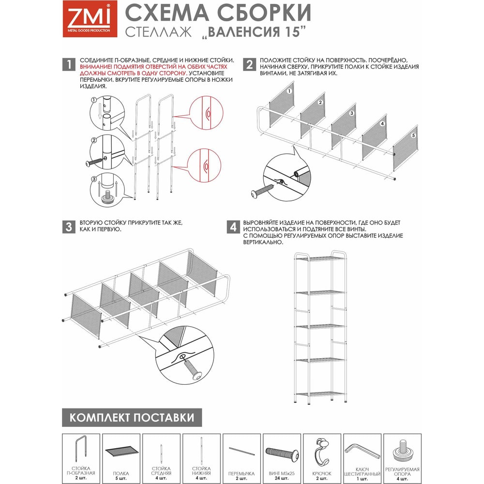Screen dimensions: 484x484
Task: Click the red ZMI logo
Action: (90, 19)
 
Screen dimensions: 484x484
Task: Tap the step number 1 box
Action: (69, 64)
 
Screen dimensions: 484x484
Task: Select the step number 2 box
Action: (249, 64)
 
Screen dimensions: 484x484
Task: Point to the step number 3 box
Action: (69, 227)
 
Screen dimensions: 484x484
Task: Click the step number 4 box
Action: (233, 227)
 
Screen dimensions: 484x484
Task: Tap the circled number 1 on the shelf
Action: (289, 91)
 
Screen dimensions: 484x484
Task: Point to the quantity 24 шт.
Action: (282, 478)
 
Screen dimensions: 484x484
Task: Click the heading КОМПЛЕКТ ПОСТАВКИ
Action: (132, 418)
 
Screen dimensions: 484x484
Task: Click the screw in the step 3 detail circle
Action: (192, 369)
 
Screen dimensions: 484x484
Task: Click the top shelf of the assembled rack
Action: (320, 258)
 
